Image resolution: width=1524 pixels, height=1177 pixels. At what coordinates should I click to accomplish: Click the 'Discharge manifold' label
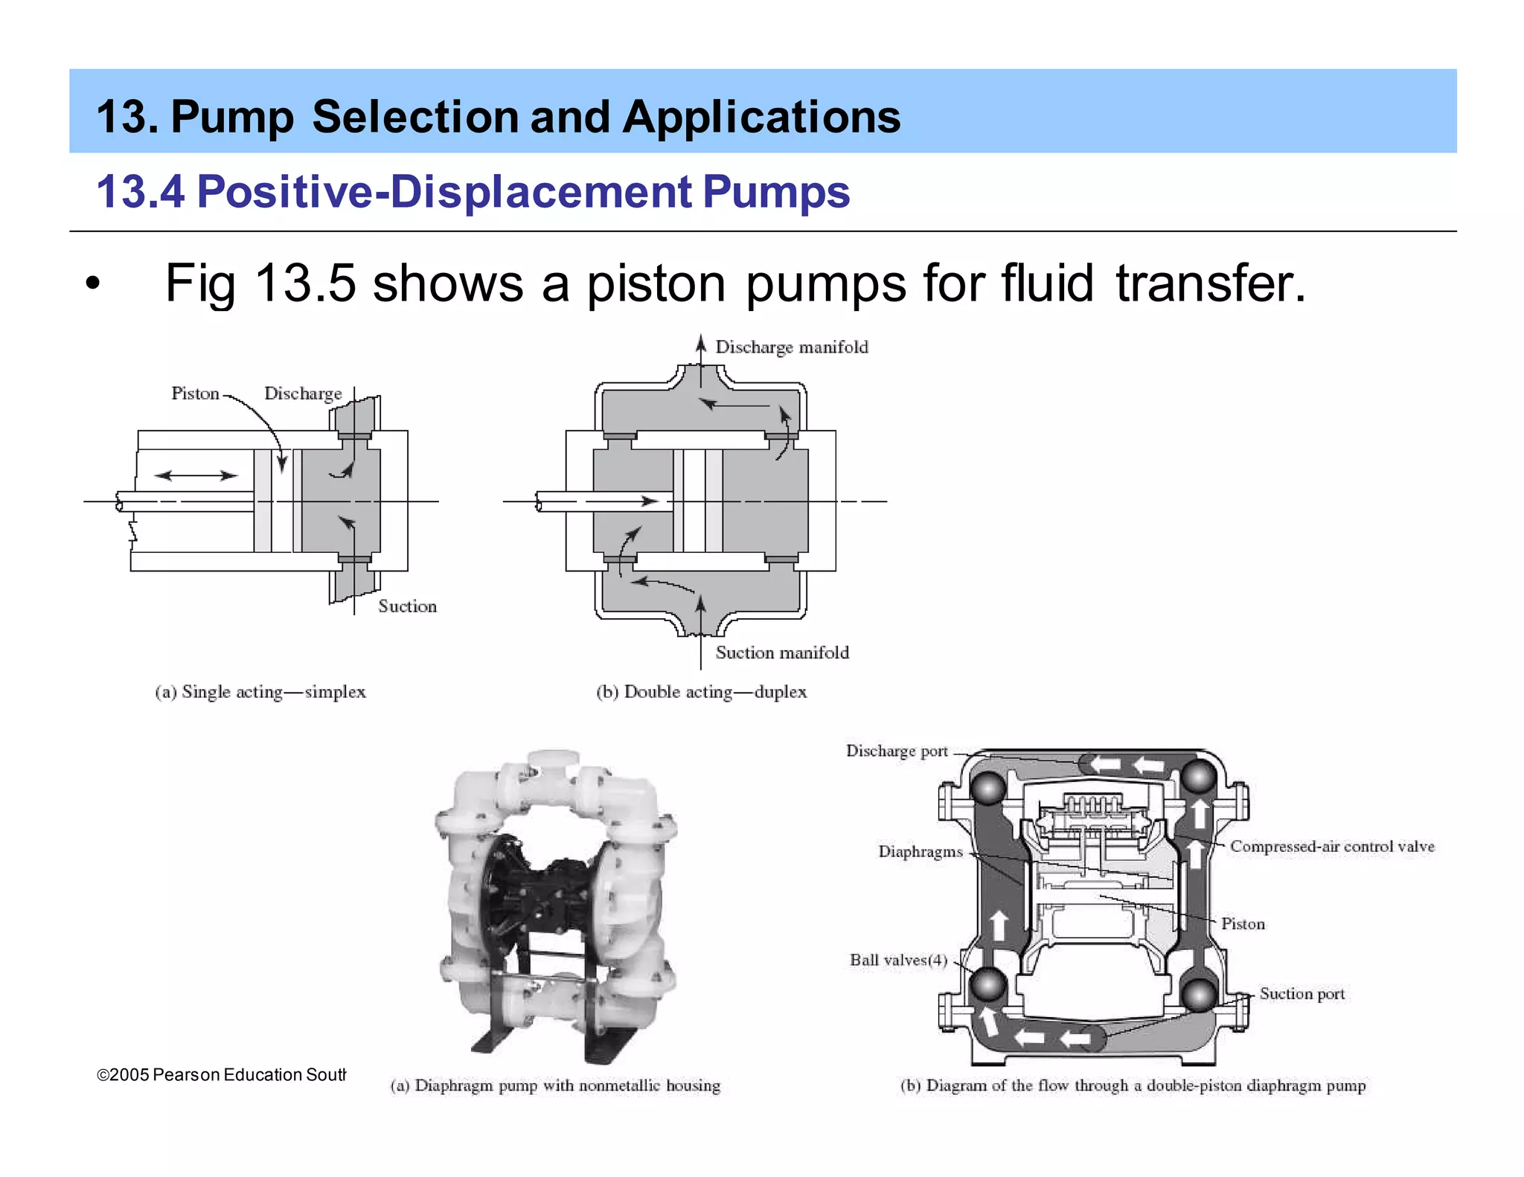click(x=791, y=347)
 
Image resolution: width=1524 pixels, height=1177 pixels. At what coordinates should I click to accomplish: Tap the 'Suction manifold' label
click(x=781, y=652)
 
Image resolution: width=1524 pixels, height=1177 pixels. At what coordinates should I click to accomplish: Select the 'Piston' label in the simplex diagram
click(x=195, y=394)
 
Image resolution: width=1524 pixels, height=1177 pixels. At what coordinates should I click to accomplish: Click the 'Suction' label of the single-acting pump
click(x=407, y=606)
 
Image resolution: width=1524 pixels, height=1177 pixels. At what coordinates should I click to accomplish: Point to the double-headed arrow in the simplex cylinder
click(x=196, y=475)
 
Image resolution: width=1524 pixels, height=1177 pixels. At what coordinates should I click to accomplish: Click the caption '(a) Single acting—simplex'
click(x=260, y=692)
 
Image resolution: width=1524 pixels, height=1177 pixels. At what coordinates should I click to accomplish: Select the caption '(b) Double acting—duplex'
click(x=701, y=692)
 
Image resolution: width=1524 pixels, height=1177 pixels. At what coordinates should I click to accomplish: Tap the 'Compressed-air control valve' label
click(x=1331, y=847)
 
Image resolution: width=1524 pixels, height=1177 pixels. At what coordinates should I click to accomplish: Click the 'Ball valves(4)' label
click(x=898, y=960)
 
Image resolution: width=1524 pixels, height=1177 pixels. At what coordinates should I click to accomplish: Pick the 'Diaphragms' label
click(x=921, y=852)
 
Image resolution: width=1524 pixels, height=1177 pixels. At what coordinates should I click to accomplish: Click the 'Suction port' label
click(x=1302, y=994)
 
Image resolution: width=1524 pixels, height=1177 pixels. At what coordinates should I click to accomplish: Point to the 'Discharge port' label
click(x=897, y=751)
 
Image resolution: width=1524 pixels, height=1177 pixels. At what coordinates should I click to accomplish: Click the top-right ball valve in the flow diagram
click(x=1199, y=777)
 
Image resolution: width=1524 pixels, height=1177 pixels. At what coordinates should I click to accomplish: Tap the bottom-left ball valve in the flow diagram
click(x=988, y=986)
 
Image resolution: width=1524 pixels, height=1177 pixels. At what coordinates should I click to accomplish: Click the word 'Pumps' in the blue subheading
click(x=775, y=192)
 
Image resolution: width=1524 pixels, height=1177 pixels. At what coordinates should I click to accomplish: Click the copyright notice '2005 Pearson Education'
click(x=221, y=1075)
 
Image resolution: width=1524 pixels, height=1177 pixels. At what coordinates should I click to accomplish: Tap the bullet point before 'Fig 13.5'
click(x=92, y=284)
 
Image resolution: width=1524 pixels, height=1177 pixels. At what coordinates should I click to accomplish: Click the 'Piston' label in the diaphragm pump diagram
click(x=1242, y=924)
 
